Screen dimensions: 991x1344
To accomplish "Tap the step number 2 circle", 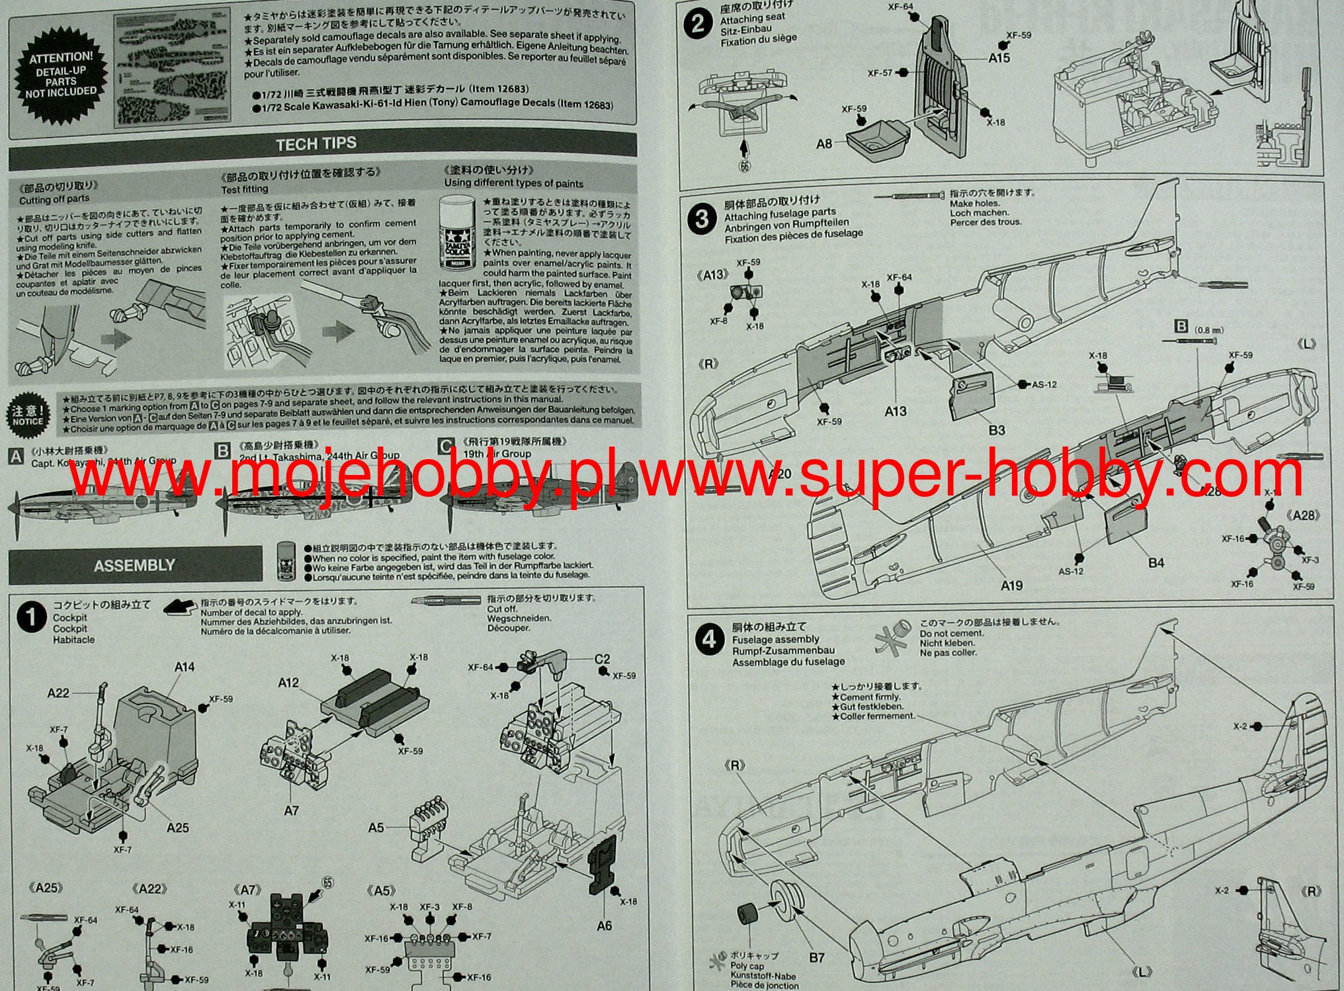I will (697, 26).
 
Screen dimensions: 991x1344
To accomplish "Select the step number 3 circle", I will (702, 218).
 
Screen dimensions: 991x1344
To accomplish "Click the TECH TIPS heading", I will (316, 144).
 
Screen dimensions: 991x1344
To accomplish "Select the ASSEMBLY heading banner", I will (134, 566).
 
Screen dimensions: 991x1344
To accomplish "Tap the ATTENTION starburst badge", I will (61, 75).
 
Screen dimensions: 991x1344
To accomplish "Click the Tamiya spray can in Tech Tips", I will (456, 233).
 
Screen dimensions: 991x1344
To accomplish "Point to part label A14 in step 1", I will (184, 667).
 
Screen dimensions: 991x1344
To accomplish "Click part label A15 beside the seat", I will (999, 58).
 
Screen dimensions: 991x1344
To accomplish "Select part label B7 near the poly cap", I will (816, 958).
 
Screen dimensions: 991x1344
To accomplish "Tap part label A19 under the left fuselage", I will (1011, 585).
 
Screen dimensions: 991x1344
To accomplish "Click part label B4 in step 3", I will (1155, 563).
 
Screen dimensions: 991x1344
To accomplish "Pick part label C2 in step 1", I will (602, 659).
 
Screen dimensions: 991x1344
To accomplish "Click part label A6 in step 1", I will (604, 926).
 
